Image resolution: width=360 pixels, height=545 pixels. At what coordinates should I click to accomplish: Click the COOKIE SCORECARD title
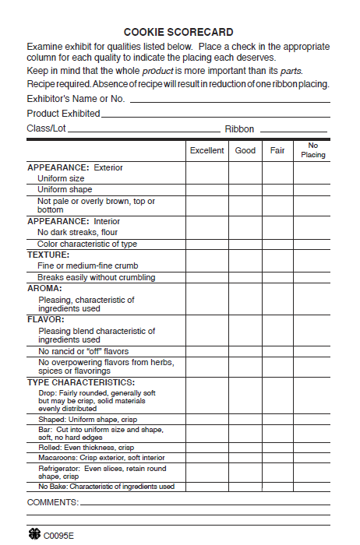point(178,32)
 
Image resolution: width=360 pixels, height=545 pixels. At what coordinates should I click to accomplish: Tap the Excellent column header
point(206,150)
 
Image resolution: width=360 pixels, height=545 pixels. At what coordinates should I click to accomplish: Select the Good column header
point(245,150)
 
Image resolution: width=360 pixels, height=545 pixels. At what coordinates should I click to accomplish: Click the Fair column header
point(277,150)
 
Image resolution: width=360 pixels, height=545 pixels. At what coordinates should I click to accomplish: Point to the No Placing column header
point(313,150)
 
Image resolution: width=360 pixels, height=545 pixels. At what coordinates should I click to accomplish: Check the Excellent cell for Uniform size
point(206,178)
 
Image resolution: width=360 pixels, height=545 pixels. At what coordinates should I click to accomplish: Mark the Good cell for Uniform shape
point(245,189)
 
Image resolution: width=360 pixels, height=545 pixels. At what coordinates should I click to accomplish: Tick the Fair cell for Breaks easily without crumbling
point(277,277)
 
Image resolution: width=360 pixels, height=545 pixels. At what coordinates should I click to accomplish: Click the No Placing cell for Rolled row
point(313,448)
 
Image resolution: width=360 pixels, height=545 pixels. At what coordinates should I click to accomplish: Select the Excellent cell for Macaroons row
point(206,458)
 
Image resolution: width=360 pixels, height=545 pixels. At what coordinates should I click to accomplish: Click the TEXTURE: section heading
point(48,255)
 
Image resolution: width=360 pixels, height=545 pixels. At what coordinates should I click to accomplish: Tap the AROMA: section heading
point(44,288)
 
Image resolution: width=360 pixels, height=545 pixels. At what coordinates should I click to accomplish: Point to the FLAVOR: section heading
point(45,319)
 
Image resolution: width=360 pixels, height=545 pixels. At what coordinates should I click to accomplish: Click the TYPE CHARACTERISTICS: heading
point(81,382)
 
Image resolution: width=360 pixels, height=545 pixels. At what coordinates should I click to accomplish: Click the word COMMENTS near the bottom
point(52,502)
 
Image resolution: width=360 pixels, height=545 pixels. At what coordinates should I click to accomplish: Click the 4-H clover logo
point(34,536)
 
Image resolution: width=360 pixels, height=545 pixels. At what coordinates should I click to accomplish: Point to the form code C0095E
point(59,536)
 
